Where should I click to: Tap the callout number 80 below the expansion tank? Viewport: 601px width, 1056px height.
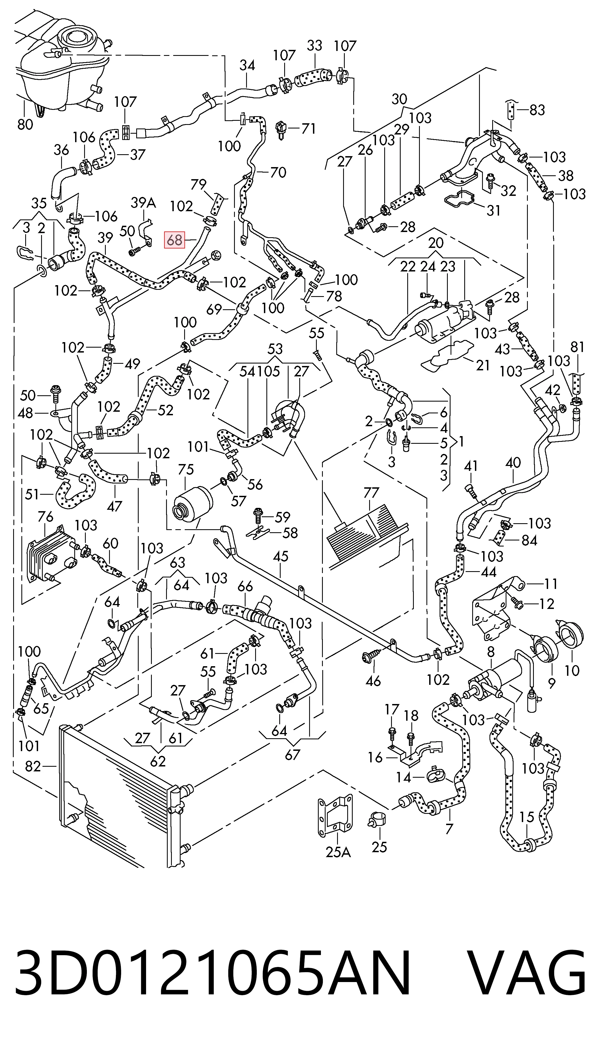point(25,124)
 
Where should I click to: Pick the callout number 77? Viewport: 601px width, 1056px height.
point(371,493)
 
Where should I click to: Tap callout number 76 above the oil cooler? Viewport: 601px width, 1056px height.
point(45,516)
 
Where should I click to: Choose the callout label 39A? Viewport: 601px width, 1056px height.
point(143,203)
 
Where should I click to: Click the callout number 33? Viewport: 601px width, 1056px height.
point(315,45)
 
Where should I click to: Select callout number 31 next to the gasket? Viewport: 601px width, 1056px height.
point(493,210)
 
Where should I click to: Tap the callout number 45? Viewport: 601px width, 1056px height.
point(281,556)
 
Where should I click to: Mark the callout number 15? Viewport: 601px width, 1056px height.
point(527,817)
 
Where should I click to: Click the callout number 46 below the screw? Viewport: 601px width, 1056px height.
point(373,681)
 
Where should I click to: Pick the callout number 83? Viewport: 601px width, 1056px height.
point(537,110)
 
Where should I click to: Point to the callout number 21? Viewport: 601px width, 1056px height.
point(483,365)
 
